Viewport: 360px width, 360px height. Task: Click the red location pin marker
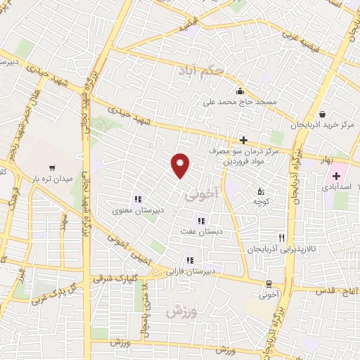(x=181, y=165)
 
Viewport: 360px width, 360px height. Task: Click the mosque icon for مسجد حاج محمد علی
(x=240, y=90)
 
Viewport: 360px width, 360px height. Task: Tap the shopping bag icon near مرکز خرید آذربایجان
(x=322, y=115)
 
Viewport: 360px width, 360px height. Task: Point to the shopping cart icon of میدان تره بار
(x=51, y=167)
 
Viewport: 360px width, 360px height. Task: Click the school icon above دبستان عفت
(x=201, y=221)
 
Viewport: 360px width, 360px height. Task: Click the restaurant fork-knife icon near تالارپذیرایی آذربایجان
(x=282, y=238)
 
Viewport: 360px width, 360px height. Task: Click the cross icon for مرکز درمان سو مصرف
(x=243, y=140)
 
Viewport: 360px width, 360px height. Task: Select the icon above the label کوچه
(x=261, y=191)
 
